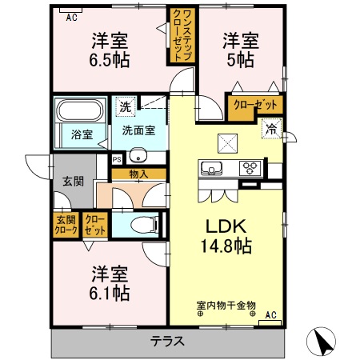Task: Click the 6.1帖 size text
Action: point(110,294)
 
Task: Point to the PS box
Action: point(116,158)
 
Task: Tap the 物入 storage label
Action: point(139,172)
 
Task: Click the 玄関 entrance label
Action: point(74,182)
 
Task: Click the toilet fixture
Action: point(146,225)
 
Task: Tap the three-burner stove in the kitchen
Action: point(250,169)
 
